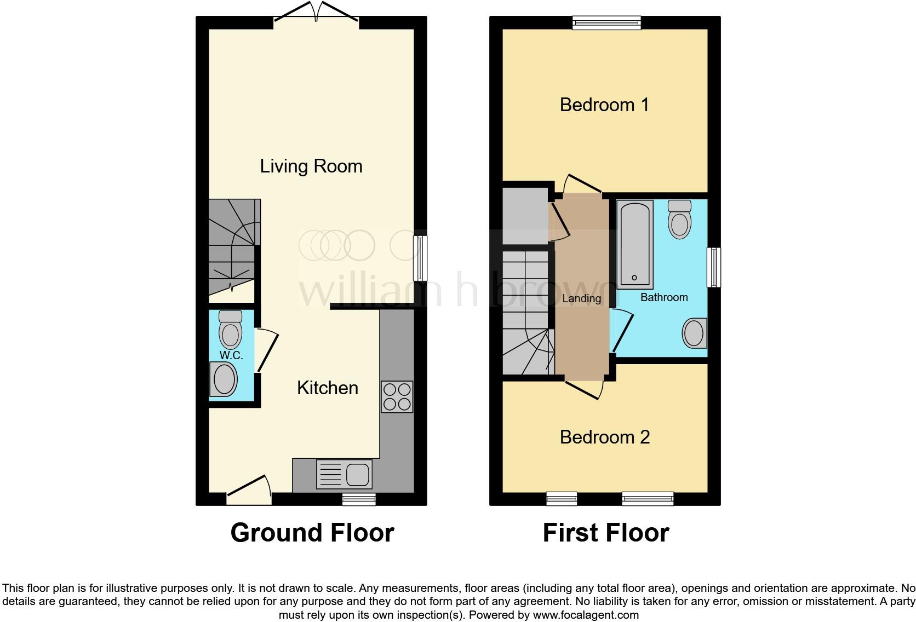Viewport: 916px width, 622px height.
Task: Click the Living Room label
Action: [311, 166]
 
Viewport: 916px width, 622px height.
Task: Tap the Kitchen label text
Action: [328, 388]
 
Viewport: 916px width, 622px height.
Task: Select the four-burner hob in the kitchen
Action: [397, 397]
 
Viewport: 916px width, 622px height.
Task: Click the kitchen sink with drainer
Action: [343, 474]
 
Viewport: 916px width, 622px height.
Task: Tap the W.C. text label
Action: [231, 355]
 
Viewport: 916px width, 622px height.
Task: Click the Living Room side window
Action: [420, 258]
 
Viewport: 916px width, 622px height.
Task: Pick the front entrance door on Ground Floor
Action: [249, 491]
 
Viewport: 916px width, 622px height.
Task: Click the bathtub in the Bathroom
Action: [635, 244]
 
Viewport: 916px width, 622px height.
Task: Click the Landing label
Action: [581, 298]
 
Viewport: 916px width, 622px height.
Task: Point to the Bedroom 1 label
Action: [604, 105]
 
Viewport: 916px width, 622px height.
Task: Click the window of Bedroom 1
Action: [606, 22]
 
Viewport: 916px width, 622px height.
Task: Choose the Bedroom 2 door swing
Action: [585, 389]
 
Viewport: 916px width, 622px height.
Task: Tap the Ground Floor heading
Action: [312, 532]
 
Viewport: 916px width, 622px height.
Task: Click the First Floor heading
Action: [605, 532]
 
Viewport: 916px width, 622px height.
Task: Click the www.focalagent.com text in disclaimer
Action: [585, 615]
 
